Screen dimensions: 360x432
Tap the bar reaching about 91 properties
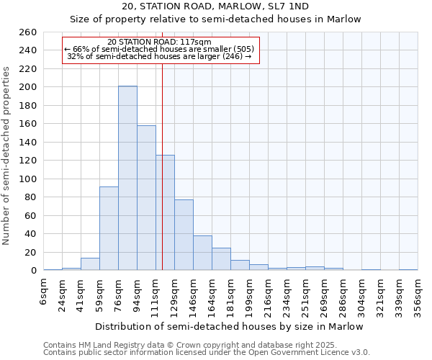pos(109,228)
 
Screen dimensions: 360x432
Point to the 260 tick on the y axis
pos(29,32)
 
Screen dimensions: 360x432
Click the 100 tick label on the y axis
pos(29,179)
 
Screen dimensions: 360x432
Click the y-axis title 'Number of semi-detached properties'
pos(7,156)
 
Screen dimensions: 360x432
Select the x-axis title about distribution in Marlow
pos(230,326)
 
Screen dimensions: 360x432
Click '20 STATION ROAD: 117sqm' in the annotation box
pos(158,42)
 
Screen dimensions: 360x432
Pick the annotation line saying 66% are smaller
pos(158,49)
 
